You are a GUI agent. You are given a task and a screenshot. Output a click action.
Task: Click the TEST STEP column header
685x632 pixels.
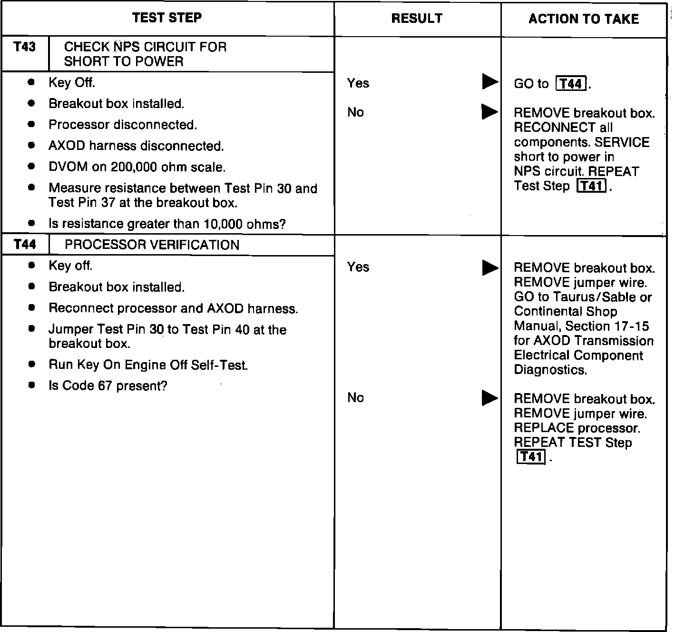(x=167, y=18)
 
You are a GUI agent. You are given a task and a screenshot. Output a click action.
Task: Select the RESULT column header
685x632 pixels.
(x=417, y=19)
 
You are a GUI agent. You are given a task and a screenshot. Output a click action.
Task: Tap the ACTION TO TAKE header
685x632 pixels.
(x=583, y=19)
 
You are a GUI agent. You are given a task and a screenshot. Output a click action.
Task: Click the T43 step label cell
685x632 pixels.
(x=25, y=47)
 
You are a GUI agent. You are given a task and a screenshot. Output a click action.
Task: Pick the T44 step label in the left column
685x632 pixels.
(x=25, y=245)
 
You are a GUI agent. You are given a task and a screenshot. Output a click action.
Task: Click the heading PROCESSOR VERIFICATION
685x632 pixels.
(x=152, y=245)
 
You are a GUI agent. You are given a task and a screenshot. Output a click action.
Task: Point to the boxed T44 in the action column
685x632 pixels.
(x=571, y=84)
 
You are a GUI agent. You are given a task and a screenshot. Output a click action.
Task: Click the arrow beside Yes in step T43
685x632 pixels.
(x=489, y=82)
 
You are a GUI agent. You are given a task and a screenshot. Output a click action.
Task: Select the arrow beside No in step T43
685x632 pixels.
(x=489, y=112)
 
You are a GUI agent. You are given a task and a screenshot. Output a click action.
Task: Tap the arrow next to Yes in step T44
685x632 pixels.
(x=489, y=267)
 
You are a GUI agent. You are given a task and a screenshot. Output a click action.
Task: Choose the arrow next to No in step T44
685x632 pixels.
(x=489, y=398)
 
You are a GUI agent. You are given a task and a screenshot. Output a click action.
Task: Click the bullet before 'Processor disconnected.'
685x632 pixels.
(x=31, y=124)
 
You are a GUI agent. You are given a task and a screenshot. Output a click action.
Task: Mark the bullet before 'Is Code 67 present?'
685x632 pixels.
(x=31, y=385)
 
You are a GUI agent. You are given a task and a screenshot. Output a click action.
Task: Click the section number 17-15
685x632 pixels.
(x=631, y=326)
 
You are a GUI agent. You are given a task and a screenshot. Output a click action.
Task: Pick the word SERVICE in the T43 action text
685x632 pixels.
(x=622, y=143)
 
